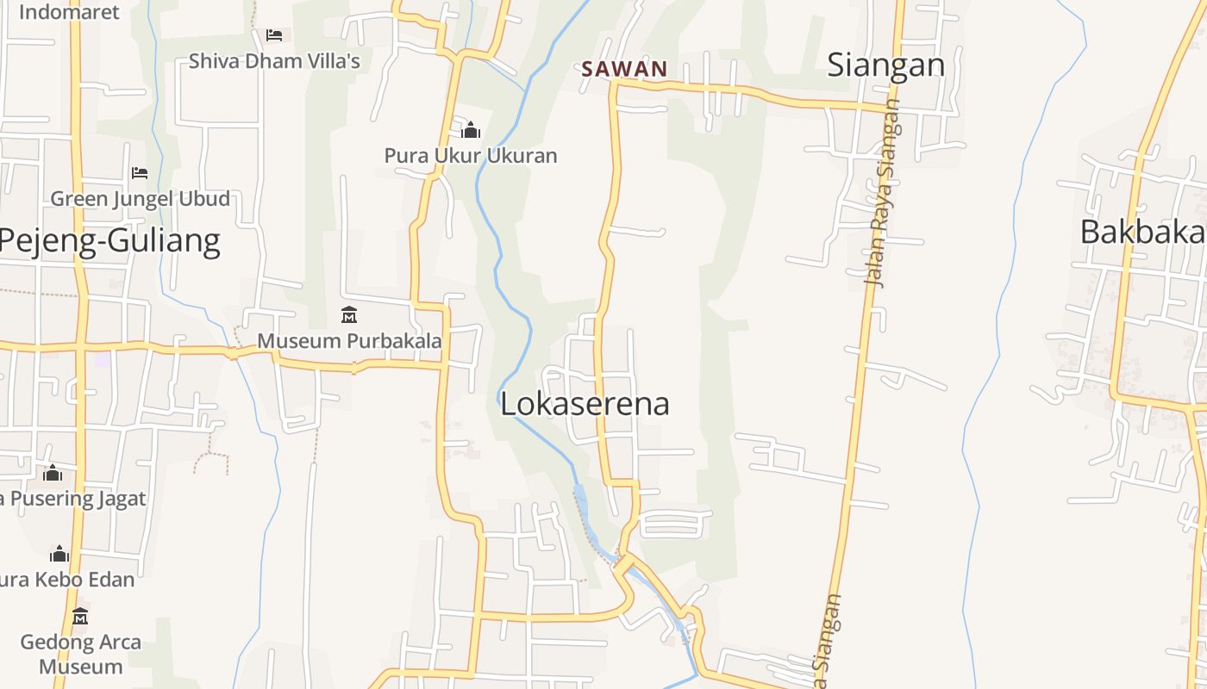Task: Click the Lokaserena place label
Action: point(585,403)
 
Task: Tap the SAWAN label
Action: point(624,69)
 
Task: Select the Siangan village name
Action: point(885,65)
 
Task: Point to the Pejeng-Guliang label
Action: point(109,240)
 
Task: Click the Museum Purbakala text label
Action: point(349,340)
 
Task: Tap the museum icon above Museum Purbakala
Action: point(349,315)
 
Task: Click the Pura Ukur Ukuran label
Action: point(471,156)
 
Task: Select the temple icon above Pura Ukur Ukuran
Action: point(471,131)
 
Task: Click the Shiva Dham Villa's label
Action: point(274,61)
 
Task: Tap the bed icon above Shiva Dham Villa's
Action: point(274,35)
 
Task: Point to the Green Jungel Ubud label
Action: point(140,199)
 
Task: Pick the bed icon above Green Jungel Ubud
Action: point(140,173)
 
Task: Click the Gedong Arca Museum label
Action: point(80,654)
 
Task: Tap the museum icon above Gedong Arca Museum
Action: point(80,617)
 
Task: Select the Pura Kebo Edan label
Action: point(67,580)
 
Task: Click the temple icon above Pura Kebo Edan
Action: point(59,554)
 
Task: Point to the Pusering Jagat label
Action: point(73,499)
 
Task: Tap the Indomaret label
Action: point(69,12)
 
